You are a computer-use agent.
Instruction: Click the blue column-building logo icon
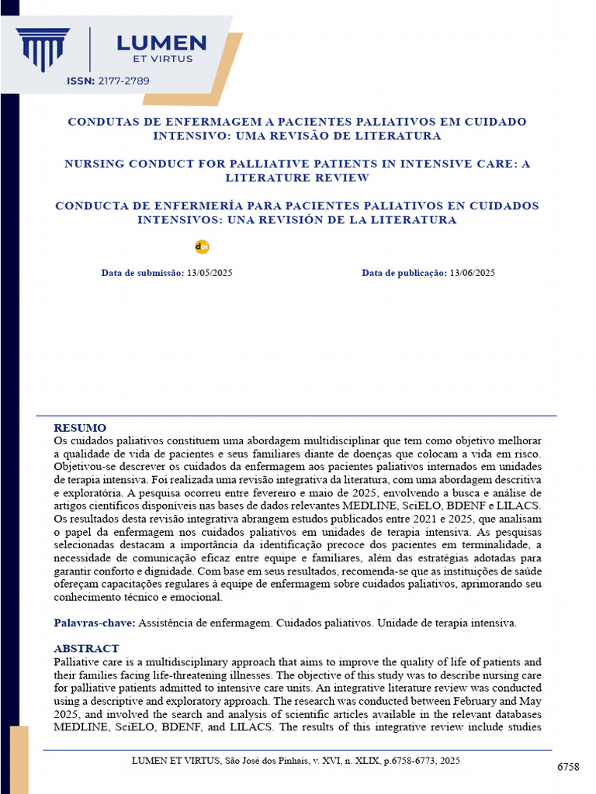(43, 48)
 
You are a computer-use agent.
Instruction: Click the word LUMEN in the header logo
(161, 43)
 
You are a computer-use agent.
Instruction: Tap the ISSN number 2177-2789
(123, 81)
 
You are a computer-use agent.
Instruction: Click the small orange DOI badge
(202, 247)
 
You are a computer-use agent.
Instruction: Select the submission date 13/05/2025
(210, 273)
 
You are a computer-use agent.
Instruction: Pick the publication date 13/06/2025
(472, 273)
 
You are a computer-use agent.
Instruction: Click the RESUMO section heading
(80, 428)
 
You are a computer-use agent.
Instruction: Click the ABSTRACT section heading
(86, 648)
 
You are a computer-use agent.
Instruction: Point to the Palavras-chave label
(95, 623)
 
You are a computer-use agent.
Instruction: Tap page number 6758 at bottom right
(568, 767)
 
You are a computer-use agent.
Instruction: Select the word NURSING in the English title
(95, 164)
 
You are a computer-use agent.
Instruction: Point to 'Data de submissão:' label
(142, 273)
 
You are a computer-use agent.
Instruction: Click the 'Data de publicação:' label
(404, 273)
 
